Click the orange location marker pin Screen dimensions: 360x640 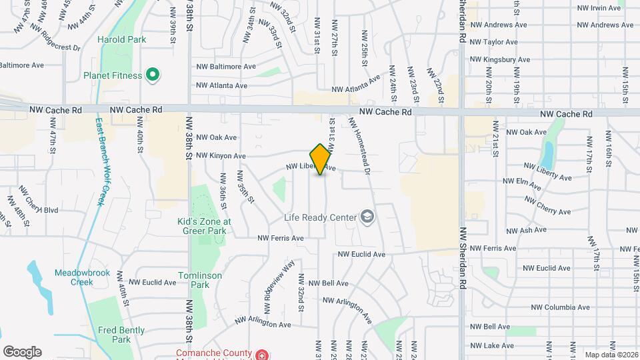tap(320, 159)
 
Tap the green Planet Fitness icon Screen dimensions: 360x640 tap(152, 75)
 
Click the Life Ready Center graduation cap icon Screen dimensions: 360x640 tap(366, 216)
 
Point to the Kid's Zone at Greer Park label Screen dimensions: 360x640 tap(204, 226)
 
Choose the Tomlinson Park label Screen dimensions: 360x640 tap(195, 280)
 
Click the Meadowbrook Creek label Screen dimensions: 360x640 tap(72, 277)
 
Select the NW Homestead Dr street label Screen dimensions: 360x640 tap(359, 146)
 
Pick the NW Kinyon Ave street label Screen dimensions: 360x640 tap(221, 156)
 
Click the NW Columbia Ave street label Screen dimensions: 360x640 tap(559, 307)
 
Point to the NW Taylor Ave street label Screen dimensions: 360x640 tap(493, 42)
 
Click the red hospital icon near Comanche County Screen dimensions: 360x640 tap(263, 354)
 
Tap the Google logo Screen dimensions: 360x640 tap(22, 352)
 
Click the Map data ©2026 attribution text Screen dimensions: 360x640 tap(611, 355)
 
